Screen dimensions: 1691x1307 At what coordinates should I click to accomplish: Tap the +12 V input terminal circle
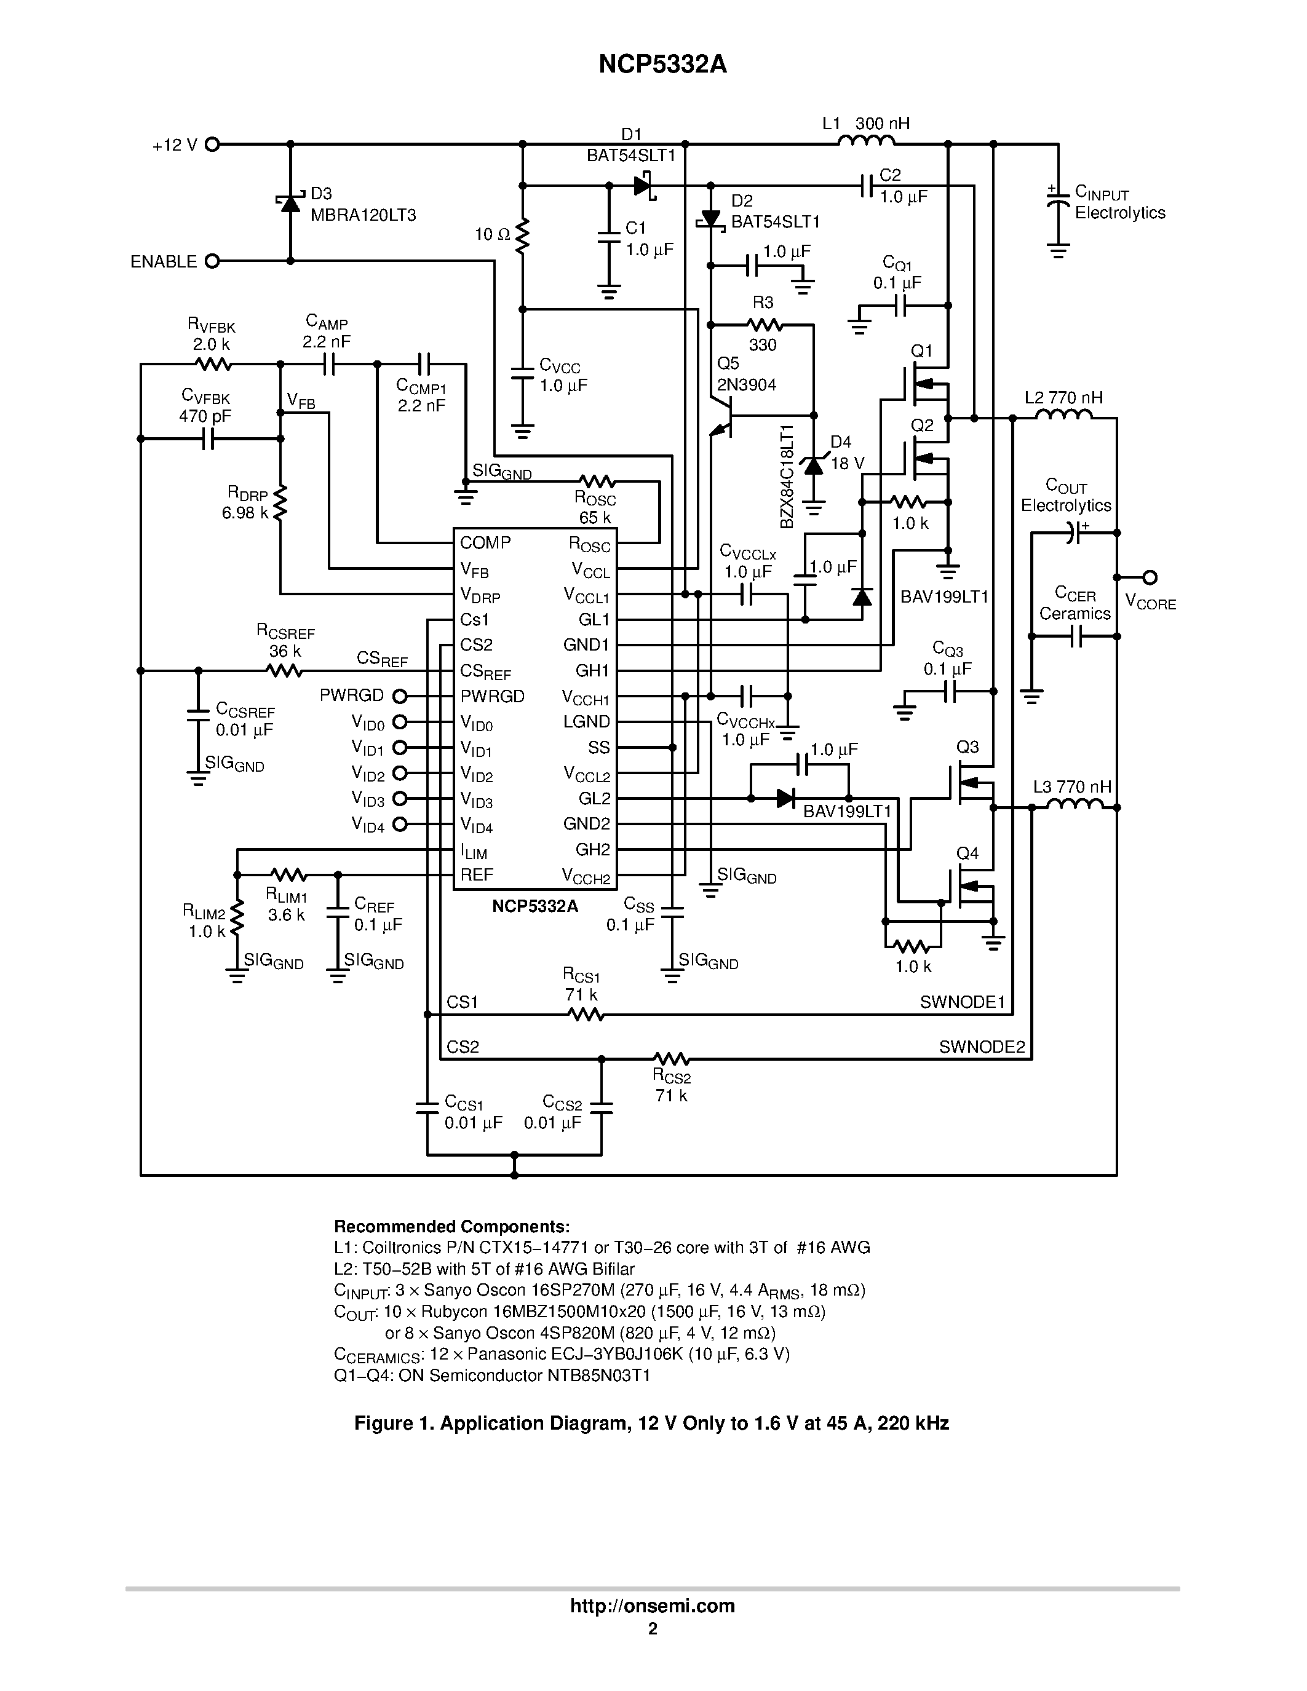click(212, 144)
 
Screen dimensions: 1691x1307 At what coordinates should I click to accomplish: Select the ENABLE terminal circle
click(212, 262)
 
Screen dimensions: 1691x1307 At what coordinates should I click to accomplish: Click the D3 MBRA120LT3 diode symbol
click(290, 203)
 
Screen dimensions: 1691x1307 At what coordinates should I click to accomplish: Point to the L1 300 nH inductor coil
click(867, 141)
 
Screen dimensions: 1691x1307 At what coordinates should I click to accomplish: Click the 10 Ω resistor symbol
click(523, 235)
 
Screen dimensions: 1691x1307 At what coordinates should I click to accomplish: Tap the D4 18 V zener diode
click(814, 466)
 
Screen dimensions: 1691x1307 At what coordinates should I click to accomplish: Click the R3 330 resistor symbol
click(765, 325)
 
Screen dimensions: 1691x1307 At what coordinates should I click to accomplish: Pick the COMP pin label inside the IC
click(485, 543)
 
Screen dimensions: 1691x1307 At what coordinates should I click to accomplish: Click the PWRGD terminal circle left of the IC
click(400, 696)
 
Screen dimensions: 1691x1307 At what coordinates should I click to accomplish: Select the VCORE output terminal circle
click(1151, 577)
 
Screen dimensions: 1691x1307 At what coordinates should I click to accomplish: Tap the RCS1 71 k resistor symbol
click(586, 1014)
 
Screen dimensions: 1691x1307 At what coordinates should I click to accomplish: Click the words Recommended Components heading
click(451, 1227)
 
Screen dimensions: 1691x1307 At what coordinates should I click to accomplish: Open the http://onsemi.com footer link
click(652, 1605)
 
